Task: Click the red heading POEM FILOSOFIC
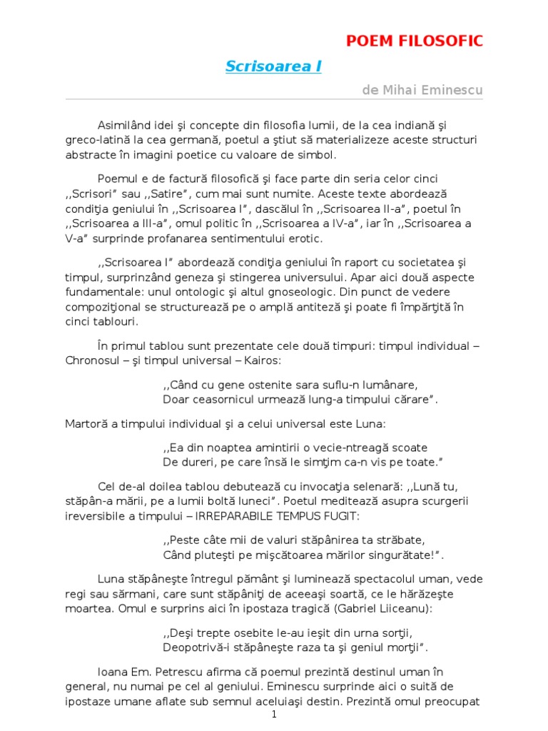(x=415, y=41)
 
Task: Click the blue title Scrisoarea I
(x=273, y=66)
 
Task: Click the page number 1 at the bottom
(x=274, y=715)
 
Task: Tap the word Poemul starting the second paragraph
(x=119, y=178)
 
